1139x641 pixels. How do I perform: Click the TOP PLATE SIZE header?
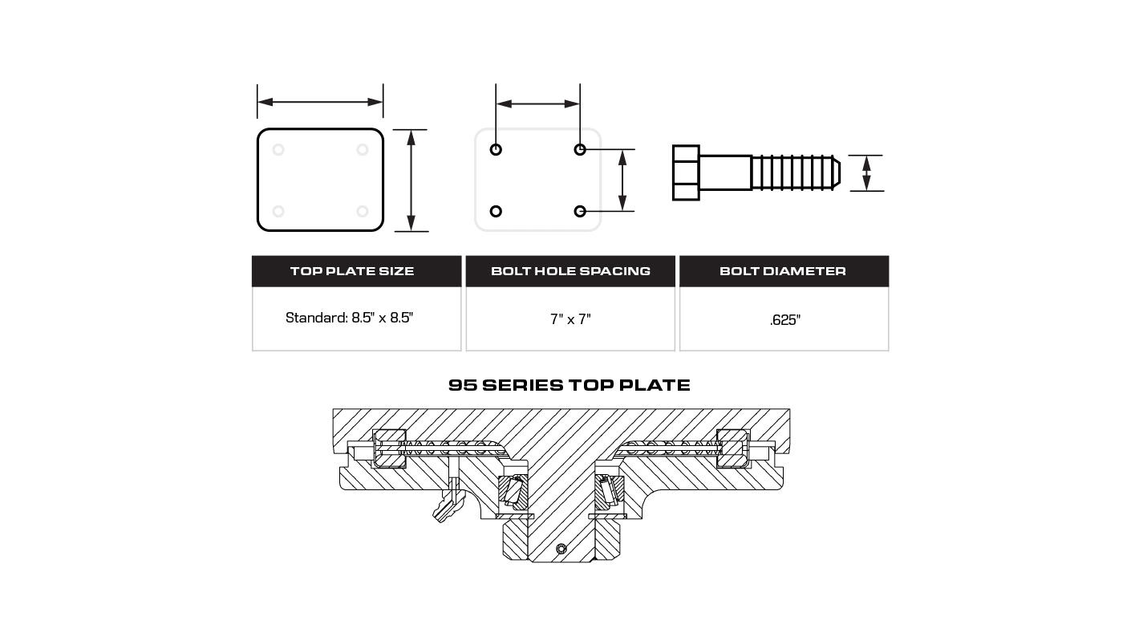tap(352, 271)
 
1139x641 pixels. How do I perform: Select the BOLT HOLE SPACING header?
tap(570, 271)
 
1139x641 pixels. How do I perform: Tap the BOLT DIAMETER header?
tap(783, 271)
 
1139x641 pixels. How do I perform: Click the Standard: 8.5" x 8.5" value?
tap(350, 318)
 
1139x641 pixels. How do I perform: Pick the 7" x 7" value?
tap(570, 319)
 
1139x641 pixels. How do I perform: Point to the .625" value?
tap(785, 320)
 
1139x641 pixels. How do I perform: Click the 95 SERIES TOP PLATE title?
tap(569, 385)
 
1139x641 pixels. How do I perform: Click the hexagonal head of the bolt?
tap(686, 172)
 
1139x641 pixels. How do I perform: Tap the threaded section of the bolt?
tap(796, 172)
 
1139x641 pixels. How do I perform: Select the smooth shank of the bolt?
tap(726, 172)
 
